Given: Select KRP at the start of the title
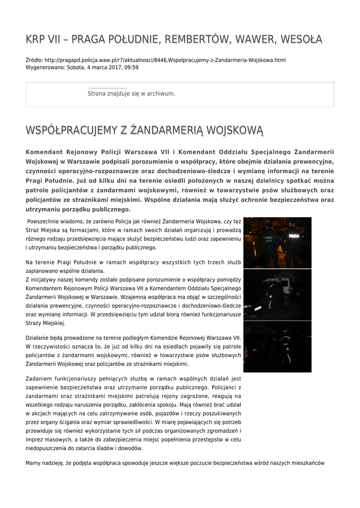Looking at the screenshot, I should click(x=37, y=39).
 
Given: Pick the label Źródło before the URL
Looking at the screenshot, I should click(x=34, y=60).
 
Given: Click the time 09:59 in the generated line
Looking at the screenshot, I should click(x=131, y=67).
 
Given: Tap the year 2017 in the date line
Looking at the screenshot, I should click(x=114, y=67).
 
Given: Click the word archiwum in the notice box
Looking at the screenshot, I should click(x=161, y=93).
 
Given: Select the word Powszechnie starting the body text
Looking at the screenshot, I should click(x=45, y=221).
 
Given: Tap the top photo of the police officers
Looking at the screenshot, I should click(x=277, y=243).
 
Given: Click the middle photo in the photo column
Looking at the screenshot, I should click(x=277, y=295).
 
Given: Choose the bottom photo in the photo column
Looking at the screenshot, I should click(x=277, y=346).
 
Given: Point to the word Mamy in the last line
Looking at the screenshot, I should click(x=33, y=463).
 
